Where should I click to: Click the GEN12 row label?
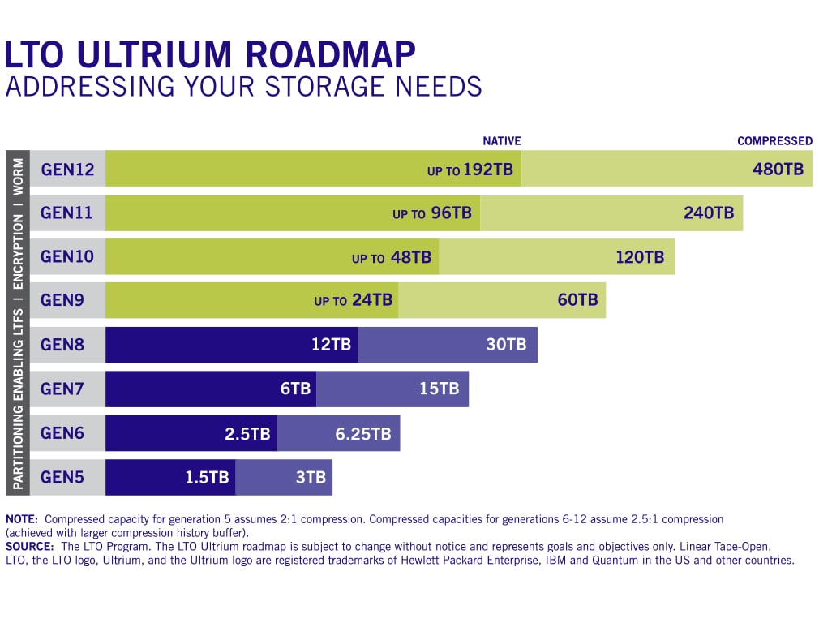click(x=67, y=170)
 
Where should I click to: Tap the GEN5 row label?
click(x=62, y=477)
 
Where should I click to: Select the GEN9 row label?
click(x=62, y=300)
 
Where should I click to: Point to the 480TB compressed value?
click(x=778, y=170)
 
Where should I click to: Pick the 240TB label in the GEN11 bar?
click(x=709, y=213)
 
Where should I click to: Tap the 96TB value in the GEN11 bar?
click(x=450, y=213)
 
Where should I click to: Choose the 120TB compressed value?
click(x=639, y=257)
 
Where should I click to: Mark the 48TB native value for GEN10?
click(x=411, y=258)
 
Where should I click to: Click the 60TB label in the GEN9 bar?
click(x=577, y=300)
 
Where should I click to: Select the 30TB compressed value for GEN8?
click(x=506, y=344)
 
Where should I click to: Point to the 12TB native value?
click(x=331, y=344)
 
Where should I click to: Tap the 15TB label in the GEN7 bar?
click(x=439, y=389)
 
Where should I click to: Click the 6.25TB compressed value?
click(x=363, y=433)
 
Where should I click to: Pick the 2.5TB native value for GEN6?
click(x=247, y=433)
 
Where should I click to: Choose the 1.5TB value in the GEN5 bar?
click(x=207, y=477)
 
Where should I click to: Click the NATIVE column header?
click(x=502, y=141)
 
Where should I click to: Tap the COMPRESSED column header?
click(x=774, y=141)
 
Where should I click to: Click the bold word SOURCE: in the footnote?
click(x=30, y=548)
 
